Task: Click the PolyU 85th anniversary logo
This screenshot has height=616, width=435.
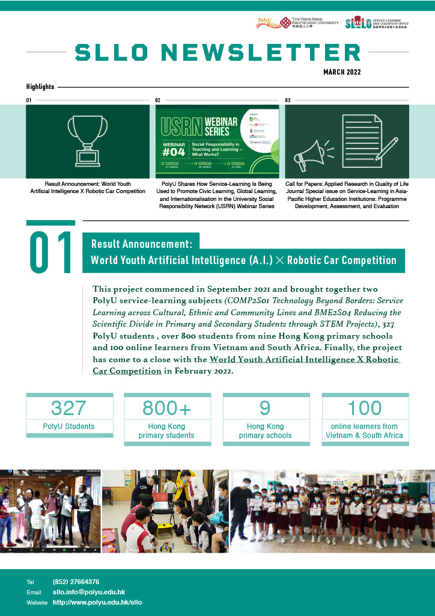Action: point(266,22)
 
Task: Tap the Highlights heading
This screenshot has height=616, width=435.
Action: point(40,87)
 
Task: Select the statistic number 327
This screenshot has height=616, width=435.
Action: point(68,408)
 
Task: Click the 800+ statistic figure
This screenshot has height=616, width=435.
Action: point(166,408)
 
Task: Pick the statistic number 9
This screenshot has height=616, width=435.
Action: point(265,408)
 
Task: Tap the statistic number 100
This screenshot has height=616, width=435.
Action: point(365,408)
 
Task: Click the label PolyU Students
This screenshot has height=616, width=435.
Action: point(68,427)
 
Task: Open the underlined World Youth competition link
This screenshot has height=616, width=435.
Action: point(305,359)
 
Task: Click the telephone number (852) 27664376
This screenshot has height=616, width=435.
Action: point(76,582)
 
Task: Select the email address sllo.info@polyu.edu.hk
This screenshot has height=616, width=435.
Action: point(88,592)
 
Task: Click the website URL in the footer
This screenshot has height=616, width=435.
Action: point(97,602)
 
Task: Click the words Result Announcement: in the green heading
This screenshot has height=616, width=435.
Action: point(141,244)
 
